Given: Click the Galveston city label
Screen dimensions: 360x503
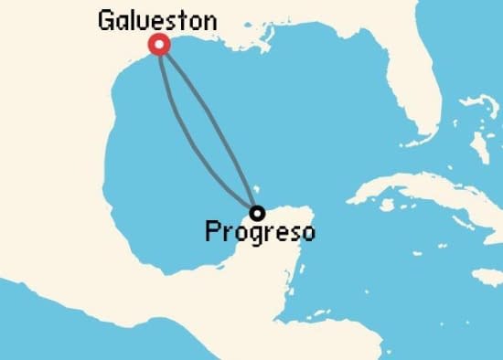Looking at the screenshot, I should click(x=157, y=20).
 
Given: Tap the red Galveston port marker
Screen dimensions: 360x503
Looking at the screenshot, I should click(x=160, y=45).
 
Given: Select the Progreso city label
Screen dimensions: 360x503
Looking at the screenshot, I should click(x=259, y=232).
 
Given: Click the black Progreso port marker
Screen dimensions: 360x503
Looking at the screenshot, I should click(x=258, y=213).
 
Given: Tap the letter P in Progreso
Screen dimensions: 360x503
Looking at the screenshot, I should click(x=212, y=232).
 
